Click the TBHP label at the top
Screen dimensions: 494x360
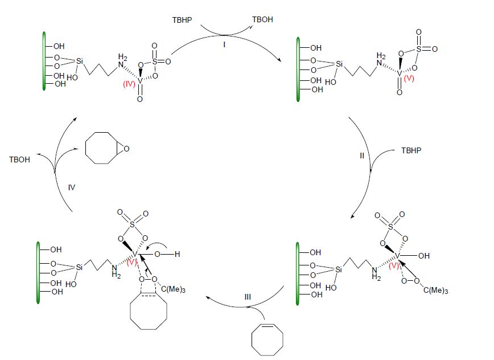tap(182, 20)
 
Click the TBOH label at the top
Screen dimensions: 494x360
tap(262, 19)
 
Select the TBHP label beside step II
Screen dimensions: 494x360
tap(411, 151)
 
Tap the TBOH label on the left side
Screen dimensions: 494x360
tap(19, 160)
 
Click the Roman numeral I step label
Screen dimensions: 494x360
tap(224, 45)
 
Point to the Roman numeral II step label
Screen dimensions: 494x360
tap(362, 156)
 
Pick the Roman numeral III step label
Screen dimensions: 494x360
tap(248, 297)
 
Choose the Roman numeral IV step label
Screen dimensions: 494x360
tap(72, 187)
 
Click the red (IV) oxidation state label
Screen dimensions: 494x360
tap(129, 84)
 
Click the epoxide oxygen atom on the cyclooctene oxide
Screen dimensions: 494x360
tap(126, 149)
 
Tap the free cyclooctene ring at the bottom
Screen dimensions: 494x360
tap(267, 339)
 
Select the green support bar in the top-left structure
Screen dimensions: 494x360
tap(44, 61)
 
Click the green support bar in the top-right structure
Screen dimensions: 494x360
tap(298, 69)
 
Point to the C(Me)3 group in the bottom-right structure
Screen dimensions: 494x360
tap(435, 291)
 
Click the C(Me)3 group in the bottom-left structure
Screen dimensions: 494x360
tap(173, 289)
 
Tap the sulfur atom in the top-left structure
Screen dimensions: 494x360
tap(154, 62)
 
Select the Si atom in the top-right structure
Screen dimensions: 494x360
tap(339, 64)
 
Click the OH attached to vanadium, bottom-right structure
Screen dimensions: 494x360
tap(424, 256)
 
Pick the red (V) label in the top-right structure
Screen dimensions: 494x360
tap(409, 78)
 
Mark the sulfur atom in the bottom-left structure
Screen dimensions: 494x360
tap(132, 224)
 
